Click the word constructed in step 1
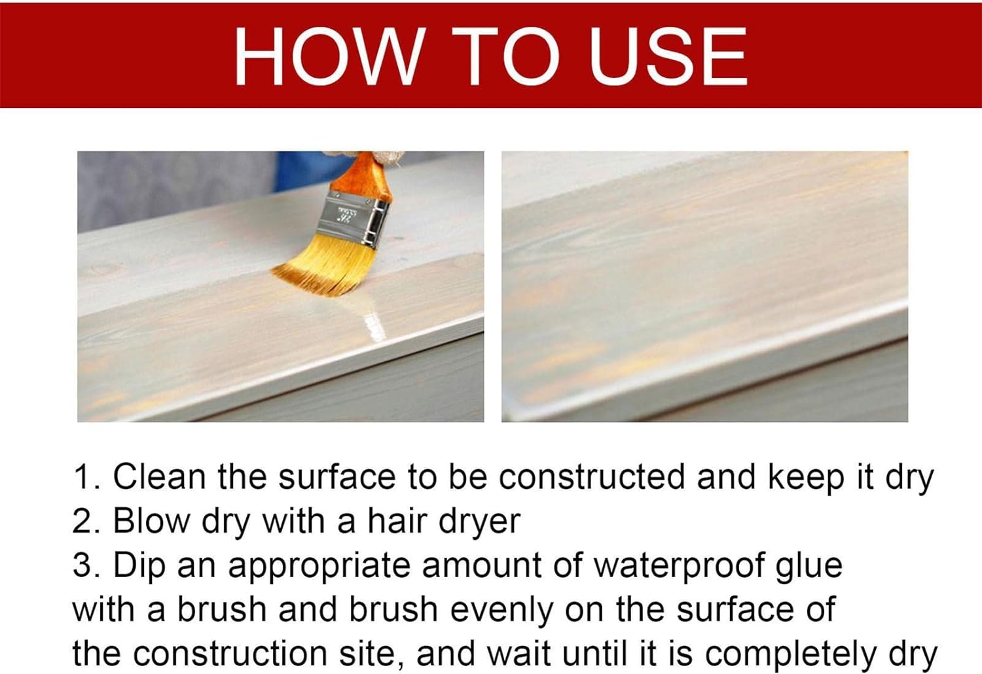point(592,476)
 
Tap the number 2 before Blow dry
point(84,522)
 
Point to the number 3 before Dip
point(84,565)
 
